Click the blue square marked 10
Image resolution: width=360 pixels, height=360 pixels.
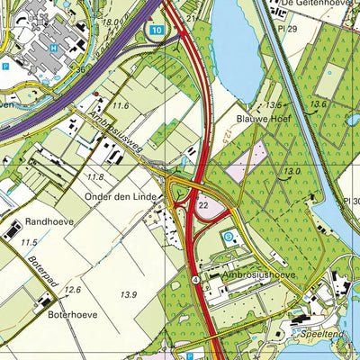pyautogui.click(x=157, y=31)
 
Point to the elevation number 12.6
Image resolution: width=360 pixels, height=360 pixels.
pyautogui.click(x=72, y=290)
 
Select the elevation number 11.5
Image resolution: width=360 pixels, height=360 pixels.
pyautogui.click(x=29, y=243)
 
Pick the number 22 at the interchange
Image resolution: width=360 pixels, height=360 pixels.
pyautogui.click(x=203, y=205)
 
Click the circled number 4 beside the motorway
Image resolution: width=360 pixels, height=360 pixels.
pyautogui.click(x=194, y=280)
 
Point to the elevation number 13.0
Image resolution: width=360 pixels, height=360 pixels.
pyautogui.click(x=291, y=171)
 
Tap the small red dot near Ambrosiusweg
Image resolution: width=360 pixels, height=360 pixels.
pyautogui.click(x=94, y=93)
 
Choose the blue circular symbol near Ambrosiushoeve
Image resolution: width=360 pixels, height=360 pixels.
pyautogui.click(x=228, y=236)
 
